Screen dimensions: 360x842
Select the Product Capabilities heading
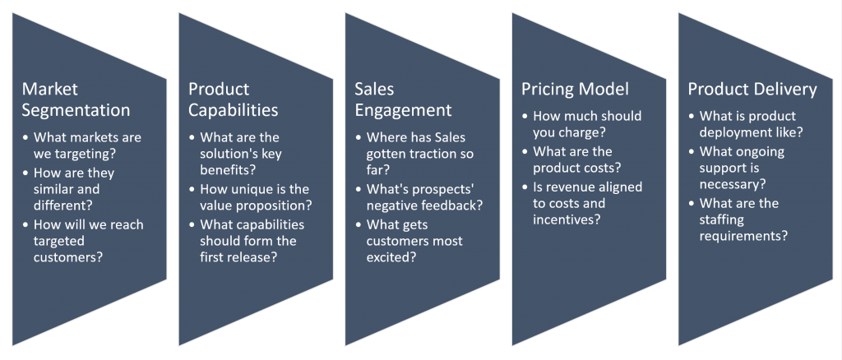(x=234, y=99)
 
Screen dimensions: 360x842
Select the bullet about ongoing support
(x=742, y=168)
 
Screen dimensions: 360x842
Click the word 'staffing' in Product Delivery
(x=722, y=220)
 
